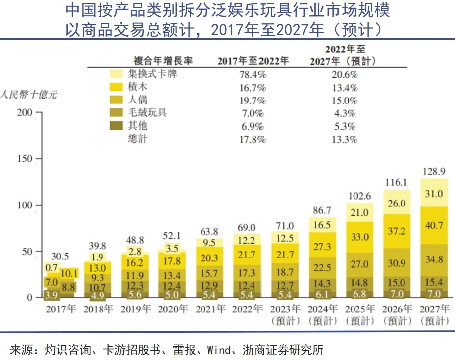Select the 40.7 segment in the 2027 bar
(434, 230)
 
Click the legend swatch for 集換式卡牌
(117, 74)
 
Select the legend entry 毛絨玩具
(147, 113)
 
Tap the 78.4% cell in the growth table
(253, 75)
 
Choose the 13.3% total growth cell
(345, 139)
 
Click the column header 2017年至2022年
(253, 61)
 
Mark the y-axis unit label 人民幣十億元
(29, 94)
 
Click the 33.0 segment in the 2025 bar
(360, 237)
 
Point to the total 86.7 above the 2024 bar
(323, 209)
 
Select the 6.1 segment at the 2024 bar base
(323, 294)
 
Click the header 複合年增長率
(163, 61)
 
